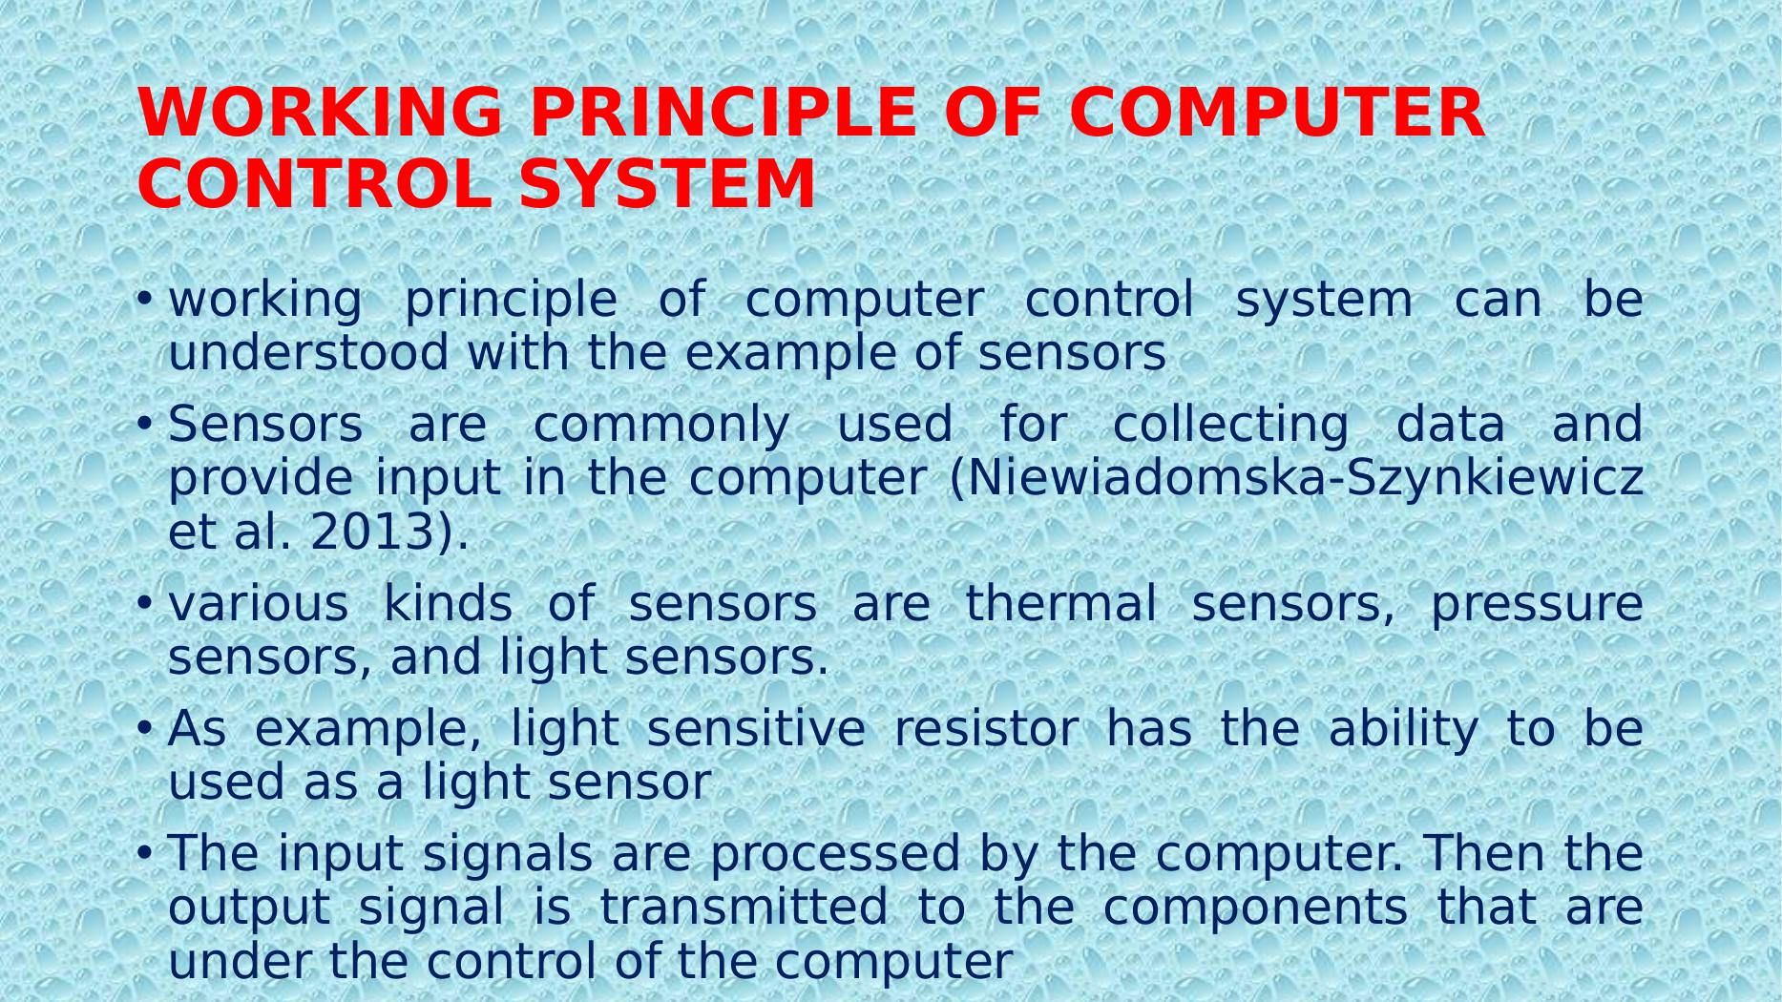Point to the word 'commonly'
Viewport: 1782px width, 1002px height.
click(x=660, y=425)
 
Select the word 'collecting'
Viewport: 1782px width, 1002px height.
click(x=1230, y=425)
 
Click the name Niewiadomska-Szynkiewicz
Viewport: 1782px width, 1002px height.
click(x=1305, y=478)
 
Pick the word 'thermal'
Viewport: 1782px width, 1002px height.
click(x=1060, y=604)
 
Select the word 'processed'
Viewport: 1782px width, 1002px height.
click(x=834, y=854)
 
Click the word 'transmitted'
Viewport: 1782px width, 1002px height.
click(x=744, y=908)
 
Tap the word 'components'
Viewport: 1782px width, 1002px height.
click(x=1255, y=909)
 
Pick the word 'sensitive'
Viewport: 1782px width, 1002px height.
click(x=755, y=729)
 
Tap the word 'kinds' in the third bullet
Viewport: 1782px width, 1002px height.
click(x=447, y=604)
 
